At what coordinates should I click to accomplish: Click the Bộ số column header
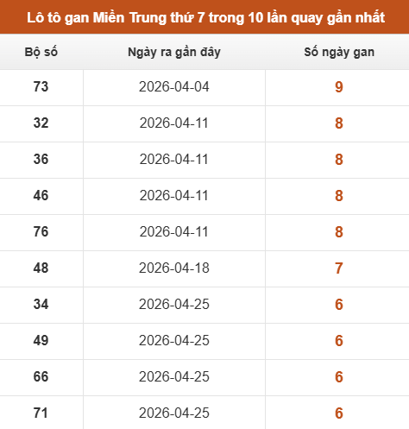(x=41, y=52)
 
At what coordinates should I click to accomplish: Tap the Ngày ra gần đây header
(x=174, y=53)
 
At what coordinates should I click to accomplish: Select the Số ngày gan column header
(x=339, y=53)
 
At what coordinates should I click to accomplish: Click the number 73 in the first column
(x=41, y=86)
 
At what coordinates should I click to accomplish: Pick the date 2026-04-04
(x=174, y=86)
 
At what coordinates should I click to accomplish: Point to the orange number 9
(x=339, y=86)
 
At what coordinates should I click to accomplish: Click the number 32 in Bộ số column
(x=41, y=123)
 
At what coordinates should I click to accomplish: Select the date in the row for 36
(x=174, y=159)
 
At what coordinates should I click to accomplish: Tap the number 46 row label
(x=41, y=195)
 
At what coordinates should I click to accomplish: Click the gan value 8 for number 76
(x=339, y=231)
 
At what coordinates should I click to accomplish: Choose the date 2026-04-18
(x=174, y=268)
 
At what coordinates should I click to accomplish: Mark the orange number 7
(x=339, y=268)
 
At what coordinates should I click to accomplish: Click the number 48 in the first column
(x=41, y=268)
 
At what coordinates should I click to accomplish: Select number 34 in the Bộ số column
(x=41, y=304)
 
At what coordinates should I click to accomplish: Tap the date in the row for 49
(x=174, y=340)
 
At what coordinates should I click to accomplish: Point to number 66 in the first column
(x=41, y=376)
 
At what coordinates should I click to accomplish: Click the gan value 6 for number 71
(x=339, y=413)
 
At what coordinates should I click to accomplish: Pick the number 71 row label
(x=41, y=413)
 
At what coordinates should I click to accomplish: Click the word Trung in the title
(x=148, y=18)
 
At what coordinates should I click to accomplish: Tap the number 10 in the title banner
(x=255, y=18)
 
